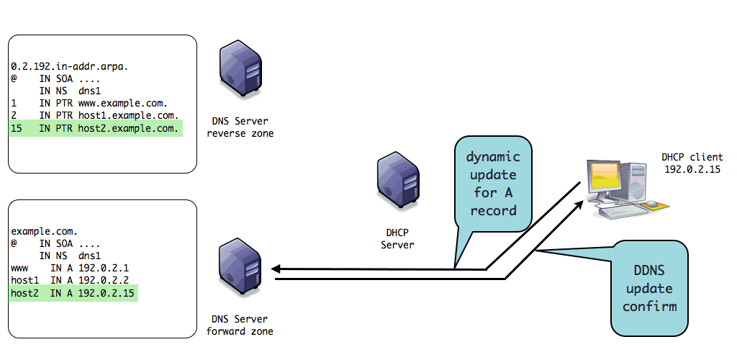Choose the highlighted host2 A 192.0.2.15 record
[73, 293]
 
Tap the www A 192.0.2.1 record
[70, 268]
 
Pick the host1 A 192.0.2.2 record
[70, 280]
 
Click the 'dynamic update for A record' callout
[492, 184]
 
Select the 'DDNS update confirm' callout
[654, 288]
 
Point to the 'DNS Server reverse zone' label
[240, 127]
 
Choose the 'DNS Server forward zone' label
[240, 325]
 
